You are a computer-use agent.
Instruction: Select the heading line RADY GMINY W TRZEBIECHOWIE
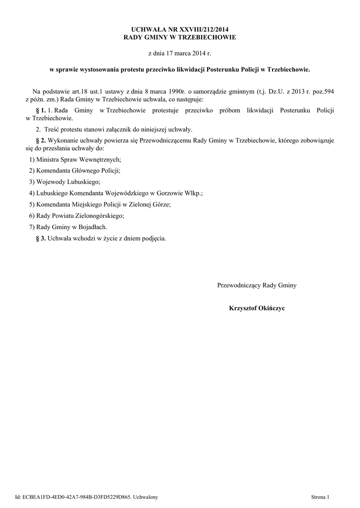point(180,37)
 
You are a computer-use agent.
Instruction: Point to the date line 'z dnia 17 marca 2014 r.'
point(180,53)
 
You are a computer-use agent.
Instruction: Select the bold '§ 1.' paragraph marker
point(42,109)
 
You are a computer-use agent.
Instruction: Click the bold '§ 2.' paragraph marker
point(42,140)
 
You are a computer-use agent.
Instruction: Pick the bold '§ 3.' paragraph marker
point(42,238)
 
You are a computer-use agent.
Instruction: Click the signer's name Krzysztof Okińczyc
point(257,308)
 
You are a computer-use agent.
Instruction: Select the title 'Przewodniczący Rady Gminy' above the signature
point(257,285)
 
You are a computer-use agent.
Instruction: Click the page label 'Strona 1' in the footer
point(320,497)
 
